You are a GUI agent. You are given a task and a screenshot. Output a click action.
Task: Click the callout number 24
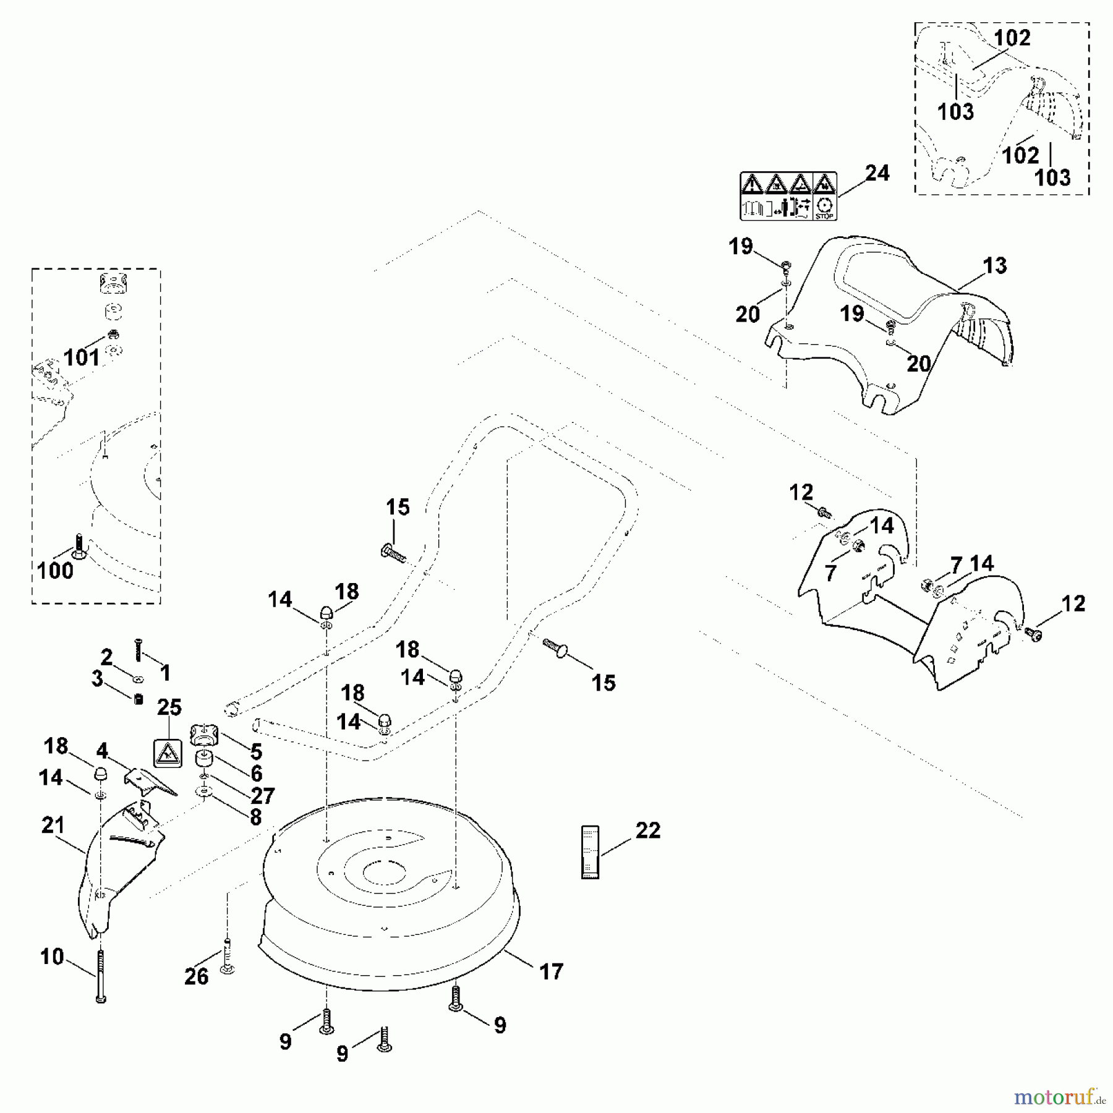point(877,173)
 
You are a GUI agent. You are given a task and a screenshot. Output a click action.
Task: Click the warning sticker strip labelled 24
point(788,196)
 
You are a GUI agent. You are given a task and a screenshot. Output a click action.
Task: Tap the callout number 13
point(995,266)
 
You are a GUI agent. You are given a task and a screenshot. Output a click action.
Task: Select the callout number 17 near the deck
point(551,971)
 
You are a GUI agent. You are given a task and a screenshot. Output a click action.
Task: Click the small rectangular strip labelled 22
point(591,852)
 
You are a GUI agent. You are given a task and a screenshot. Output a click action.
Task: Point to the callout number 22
point(647,830)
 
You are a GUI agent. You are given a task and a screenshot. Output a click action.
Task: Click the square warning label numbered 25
point(167,753)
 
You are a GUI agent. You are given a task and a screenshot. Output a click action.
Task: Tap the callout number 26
point(196,976)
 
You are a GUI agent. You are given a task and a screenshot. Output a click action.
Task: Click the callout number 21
point(53,825)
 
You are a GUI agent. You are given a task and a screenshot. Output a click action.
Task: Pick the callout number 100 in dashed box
point(55,570)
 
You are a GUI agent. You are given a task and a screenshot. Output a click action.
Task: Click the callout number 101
point(81,357)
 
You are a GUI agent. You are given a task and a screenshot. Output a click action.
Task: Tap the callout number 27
point(262,795)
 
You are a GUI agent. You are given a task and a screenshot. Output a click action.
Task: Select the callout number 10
point(52,957)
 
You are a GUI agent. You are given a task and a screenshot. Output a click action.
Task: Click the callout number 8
point(255,817)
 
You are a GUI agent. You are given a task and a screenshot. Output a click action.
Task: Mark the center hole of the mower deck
point(383,874)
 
